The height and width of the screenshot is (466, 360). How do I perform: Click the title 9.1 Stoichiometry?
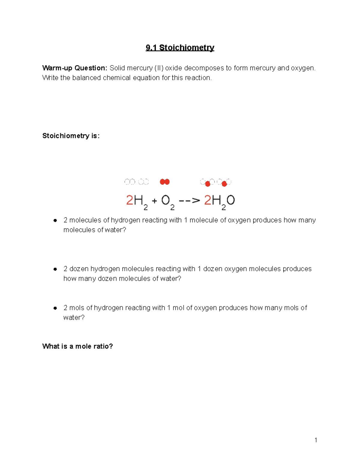tap(180, 48)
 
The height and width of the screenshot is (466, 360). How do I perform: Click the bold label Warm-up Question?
tap(74, 68)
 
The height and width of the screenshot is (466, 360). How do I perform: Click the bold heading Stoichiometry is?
tap(71, 136)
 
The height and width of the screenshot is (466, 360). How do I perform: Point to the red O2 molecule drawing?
tap(165, 182)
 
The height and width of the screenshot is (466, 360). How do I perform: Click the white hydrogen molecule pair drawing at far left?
tap(130, 182)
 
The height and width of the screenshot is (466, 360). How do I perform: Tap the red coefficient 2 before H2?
tap(129, 200)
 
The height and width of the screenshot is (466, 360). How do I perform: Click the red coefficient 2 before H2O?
tap(208, 200)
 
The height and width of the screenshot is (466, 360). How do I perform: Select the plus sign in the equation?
tap(154, 201)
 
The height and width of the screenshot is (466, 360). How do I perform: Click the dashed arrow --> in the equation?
tap(189, 200)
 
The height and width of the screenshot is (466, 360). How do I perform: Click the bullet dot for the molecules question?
tap(55, 220)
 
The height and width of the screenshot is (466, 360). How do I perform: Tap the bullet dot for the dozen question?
tap(55, 269)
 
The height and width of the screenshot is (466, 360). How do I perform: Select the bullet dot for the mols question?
tap(55, 308)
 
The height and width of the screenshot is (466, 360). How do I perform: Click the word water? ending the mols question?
tap(74, 317)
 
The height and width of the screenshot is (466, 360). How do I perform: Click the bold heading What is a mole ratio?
tap(77, 346)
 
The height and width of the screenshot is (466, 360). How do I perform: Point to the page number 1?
tap(316, 440)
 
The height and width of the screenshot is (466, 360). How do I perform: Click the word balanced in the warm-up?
tap(86, 78)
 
